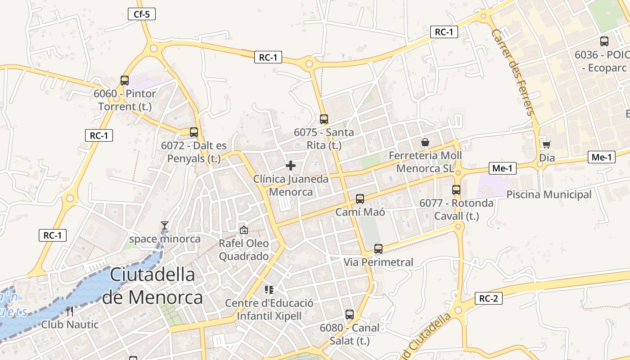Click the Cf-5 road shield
[x=141, y=14]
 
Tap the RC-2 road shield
[x=488, y=298]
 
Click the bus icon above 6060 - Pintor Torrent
[x=125, y=81]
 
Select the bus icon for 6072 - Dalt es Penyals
[x=194, y=132]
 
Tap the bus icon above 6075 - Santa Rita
[x=324, y=119]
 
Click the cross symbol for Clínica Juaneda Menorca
[x=291, y=166]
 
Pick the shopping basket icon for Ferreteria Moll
[x=425, y=142]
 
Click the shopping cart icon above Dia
[x=546, y=144]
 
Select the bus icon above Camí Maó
[x=360, y=198]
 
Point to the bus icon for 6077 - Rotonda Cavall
[x=456, y=189]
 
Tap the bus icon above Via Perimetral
[x=378, y=248]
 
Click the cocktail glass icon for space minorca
[x=165, y=225]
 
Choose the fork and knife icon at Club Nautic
[x=69, y=311]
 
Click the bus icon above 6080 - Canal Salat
[x=350, y=315]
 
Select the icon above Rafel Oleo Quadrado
[x=243, y=230]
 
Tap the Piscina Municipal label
[x=549, y=195]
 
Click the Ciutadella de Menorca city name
[x=152, y=286]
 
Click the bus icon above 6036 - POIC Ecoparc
[x=604, y=41]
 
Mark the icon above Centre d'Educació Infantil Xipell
[x=269, y=289]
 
